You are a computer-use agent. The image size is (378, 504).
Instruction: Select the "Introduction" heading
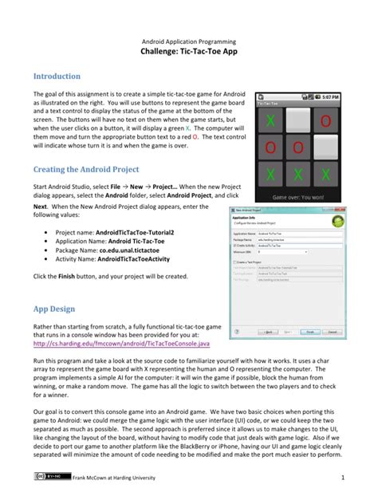point(56,77)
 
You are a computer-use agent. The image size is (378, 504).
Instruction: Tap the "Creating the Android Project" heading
point(85,169)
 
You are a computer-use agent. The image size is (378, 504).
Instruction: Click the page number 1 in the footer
point(341,478)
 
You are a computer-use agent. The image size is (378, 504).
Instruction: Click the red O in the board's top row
point(325,121)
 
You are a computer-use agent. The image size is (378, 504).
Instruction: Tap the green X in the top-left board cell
point(274,121)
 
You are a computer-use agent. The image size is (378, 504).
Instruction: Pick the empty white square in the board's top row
point(299,121)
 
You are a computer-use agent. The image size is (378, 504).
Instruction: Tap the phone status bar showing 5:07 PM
point(299,95)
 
